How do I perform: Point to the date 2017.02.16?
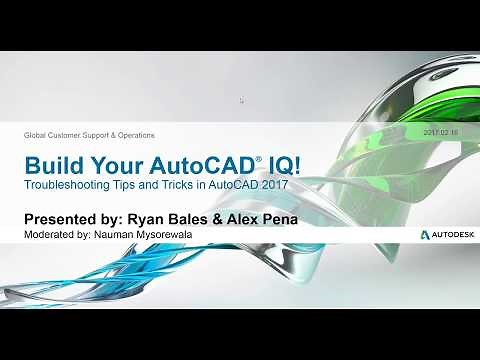coord(441,134)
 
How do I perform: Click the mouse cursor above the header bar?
coord(242,100)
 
